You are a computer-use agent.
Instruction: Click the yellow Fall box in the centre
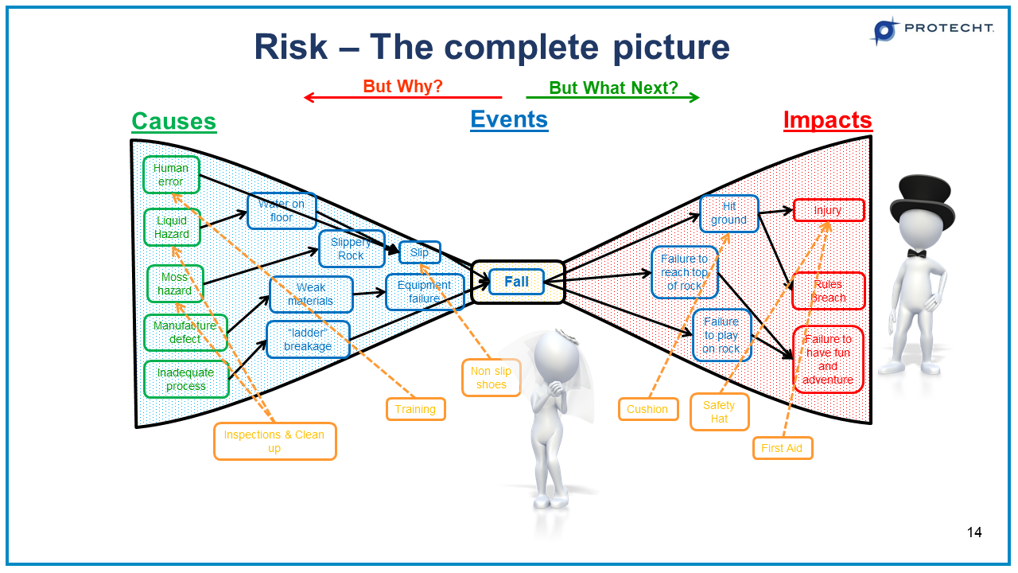(517, 282)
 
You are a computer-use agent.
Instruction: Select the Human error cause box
(171, 174)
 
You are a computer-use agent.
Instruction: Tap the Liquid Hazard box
(172, 227)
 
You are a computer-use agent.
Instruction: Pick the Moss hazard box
(175, 284)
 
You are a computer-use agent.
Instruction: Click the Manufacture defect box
(185, 332)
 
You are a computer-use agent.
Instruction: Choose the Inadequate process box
(186, 379)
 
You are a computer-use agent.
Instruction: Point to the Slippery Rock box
(352, 248)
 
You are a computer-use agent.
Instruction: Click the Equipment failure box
(424, 292)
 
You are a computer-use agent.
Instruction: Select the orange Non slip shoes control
(491, 377)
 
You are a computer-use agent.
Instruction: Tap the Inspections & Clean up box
(274, 441)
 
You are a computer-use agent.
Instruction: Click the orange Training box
(415, 409)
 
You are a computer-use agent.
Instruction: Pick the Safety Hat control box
(719, 411)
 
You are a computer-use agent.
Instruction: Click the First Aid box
(782, 448)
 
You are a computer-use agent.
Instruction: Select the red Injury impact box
(828, 210)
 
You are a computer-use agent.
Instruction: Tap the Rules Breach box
(828, 290)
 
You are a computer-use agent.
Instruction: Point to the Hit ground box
(729, 213)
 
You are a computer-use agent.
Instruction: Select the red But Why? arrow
(402, 97)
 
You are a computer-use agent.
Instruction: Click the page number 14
(974, 532)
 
